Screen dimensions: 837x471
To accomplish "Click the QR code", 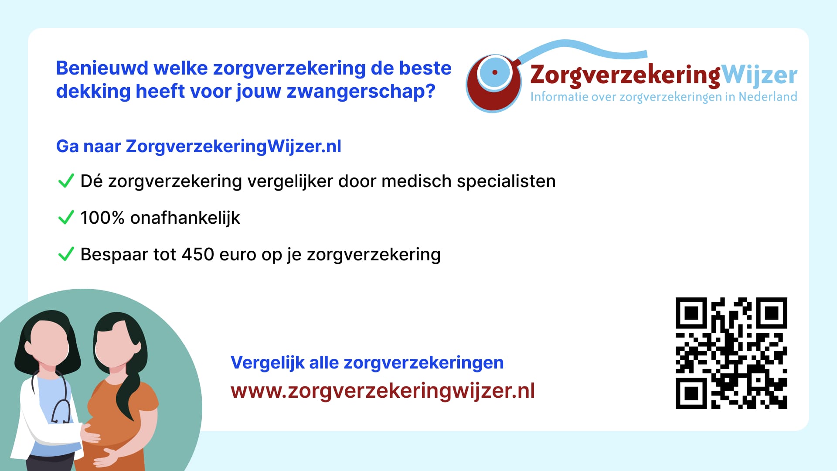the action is point(731,353).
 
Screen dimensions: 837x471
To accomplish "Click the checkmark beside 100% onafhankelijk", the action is point(66,217).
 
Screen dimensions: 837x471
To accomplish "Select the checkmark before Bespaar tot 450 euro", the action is point(66,254).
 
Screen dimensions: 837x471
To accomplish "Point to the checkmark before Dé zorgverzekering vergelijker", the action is point(66,181).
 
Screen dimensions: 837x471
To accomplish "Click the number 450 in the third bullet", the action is point(197,254).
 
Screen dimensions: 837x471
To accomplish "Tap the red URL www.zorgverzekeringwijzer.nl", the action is point(383,391).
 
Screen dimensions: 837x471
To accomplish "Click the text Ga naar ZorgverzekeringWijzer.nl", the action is point(199,147).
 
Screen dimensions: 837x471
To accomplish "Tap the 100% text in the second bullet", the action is point(102,218).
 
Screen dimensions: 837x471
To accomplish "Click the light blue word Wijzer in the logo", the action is point(760,75).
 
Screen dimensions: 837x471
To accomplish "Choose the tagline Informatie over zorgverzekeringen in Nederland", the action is point(663,96).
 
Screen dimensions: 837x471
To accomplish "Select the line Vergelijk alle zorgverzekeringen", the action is point(367,363).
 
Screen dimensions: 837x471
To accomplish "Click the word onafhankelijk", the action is point(185,218).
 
